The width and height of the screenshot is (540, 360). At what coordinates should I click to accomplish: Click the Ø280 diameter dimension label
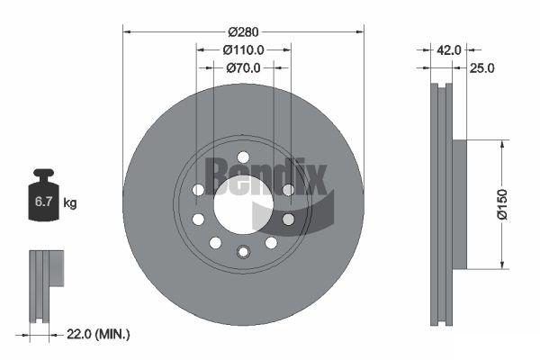point(243,32)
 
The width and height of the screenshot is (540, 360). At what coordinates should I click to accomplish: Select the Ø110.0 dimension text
point(243,50)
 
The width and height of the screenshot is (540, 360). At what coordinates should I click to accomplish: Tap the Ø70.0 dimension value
point(243,67)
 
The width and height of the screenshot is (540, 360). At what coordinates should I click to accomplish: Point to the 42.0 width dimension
point(449,50)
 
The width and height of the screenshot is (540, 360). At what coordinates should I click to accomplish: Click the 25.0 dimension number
point(481,68)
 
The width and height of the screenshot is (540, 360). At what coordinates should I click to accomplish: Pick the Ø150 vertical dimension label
point(502,204)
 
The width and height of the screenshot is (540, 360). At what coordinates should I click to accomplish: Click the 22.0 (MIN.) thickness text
point(98,334)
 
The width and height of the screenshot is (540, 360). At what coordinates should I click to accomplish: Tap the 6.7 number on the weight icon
point(43,202)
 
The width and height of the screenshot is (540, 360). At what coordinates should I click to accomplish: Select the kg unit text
point(70,202)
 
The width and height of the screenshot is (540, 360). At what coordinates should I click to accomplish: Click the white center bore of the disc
point(244,205)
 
